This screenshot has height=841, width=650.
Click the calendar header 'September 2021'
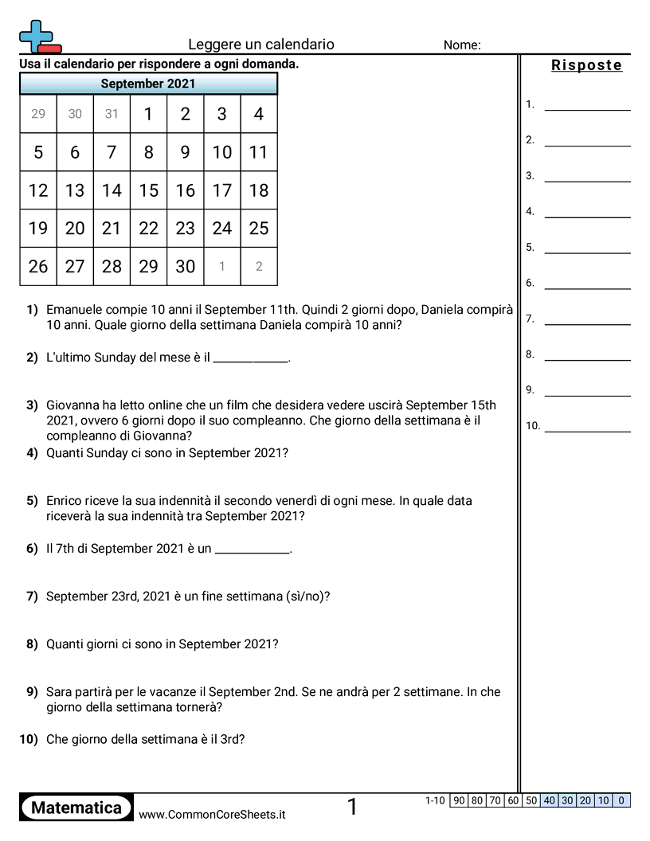coord(148,84)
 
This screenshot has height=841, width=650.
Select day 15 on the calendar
coord(148,190)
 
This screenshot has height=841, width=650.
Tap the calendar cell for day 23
coord(185,229)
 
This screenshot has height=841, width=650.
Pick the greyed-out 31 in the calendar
coord(112,114)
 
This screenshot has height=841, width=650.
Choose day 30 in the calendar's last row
coord(185,267)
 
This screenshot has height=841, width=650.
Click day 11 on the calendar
coord(258,152)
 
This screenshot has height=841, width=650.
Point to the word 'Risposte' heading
coord(586,65)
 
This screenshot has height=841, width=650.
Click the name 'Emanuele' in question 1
coord(75,310)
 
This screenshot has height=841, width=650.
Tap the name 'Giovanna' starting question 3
coord(74,405)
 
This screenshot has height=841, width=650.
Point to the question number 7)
coord(32,597)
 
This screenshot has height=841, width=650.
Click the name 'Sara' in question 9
coord(59,692)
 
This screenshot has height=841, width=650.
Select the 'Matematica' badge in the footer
coord(76,808)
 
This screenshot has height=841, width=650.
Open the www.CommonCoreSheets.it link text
coord(212,815)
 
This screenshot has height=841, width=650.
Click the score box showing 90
coord(459,800)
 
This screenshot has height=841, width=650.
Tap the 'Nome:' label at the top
coord(462,45)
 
